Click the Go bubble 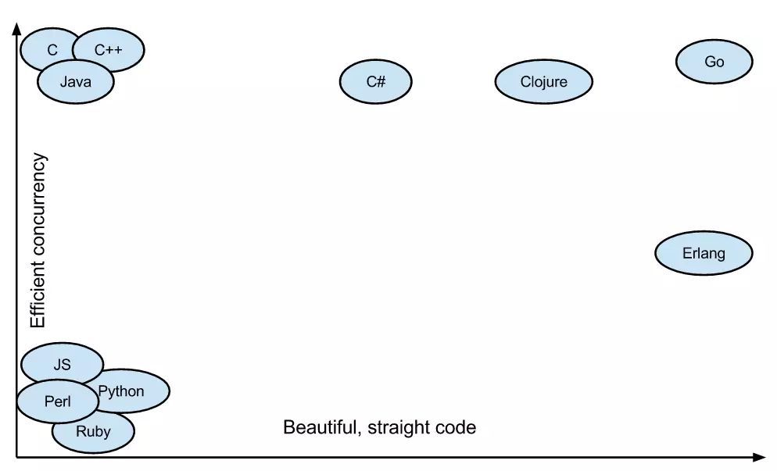tap(714, 62)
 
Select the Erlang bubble tap(704, 253)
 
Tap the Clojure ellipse tap(543, 81)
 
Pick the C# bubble tap(375, 81)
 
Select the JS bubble tap(62, 364)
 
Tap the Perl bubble tap(57, 402)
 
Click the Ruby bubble tap(93, 432)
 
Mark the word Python tap(122, 391)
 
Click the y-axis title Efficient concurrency tap(38, 241)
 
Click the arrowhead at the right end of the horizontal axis tap(759, 457)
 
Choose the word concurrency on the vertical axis tap(38, 205)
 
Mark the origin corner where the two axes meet tap(16, 457)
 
